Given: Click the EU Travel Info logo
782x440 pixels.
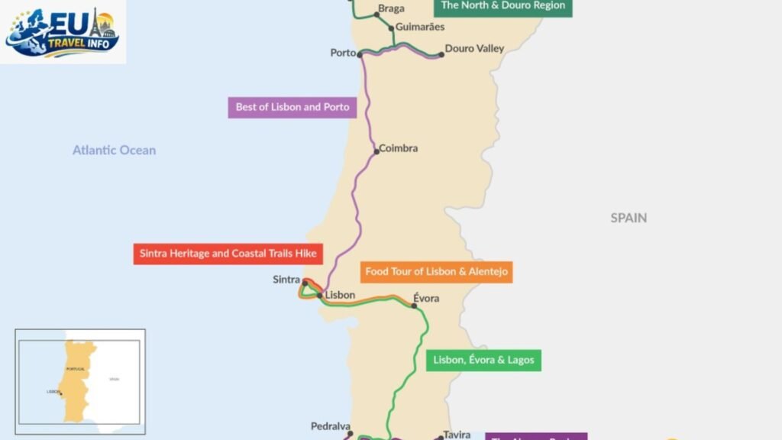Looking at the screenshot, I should click(63, 31).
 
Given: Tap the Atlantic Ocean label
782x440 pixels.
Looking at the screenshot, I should click(114, 150).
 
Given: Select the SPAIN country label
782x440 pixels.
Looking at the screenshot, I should click(629, 218).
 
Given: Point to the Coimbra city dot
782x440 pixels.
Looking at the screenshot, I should click(376, 151).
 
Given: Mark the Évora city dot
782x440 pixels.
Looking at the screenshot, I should click(415, 306).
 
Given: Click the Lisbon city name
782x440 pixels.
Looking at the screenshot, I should click(340, 295).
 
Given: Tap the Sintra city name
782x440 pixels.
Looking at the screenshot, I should click(286, 280).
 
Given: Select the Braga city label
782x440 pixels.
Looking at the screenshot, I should click(391, 9).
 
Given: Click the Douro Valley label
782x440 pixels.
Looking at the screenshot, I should click(474, 49).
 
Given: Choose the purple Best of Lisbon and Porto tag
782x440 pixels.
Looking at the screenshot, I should click(292, 107).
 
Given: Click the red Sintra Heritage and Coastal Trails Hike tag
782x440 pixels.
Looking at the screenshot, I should click(228, 254).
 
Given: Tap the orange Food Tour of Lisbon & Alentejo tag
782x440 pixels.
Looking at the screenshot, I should click(436, 271).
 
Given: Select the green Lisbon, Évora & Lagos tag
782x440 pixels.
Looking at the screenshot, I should click(483, 360).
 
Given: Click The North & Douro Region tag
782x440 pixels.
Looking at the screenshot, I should click(502, 6).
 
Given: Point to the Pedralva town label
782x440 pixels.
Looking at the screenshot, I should click(331, 426).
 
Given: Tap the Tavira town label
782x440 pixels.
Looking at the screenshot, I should click(457, 435).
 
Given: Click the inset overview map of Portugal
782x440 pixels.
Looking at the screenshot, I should click(80, 381).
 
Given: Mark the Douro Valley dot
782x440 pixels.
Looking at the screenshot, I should click(441, 54).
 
